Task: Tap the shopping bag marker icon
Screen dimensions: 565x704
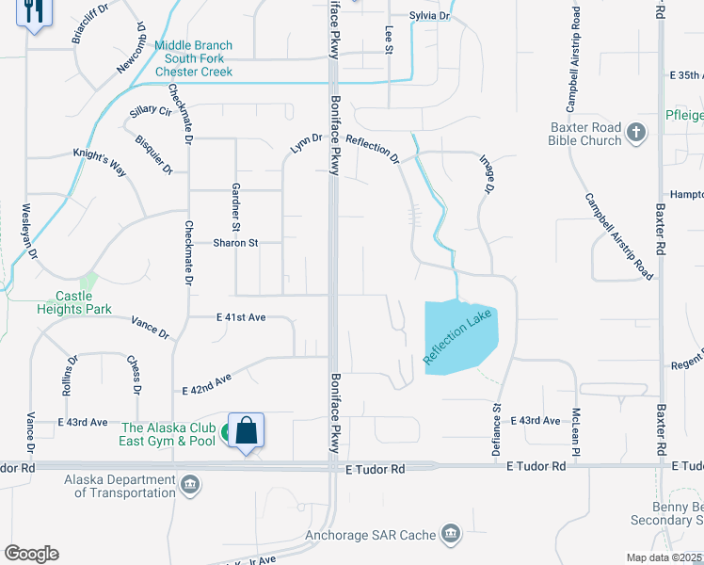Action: click(x=246, y=431)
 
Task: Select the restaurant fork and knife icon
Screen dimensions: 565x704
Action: click(x=35, y=12)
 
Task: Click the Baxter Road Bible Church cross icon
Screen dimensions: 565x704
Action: click(x=636, y=131)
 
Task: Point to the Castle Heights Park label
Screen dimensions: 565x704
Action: click(x=74, y=302)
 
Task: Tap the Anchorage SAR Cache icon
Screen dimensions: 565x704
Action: click(x=451, y=535)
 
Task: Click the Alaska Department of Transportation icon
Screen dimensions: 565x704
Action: click(x=190, y=485)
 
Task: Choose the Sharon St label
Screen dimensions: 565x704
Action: click(x=234, y=243)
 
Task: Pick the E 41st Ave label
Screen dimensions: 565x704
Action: click(x=241, y=318)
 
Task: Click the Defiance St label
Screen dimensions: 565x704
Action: click(x=497, y=430)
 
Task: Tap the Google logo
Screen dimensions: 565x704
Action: click(x=31, y=554)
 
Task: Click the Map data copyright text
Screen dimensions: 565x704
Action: click(x=664, y=557)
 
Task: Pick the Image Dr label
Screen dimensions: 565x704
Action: click(x=487, y=175)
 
